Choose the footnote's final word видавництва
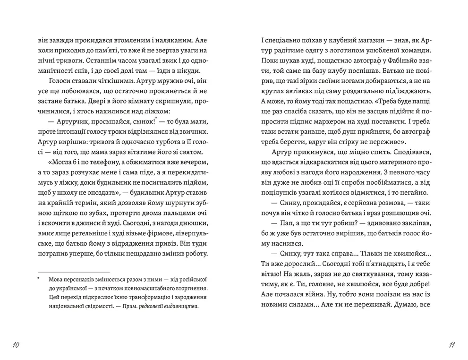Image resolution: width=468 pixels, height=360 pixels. [x=179, y=306]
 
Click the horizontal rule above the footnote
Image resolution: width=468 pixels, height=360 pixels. [x=73, y=272]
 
